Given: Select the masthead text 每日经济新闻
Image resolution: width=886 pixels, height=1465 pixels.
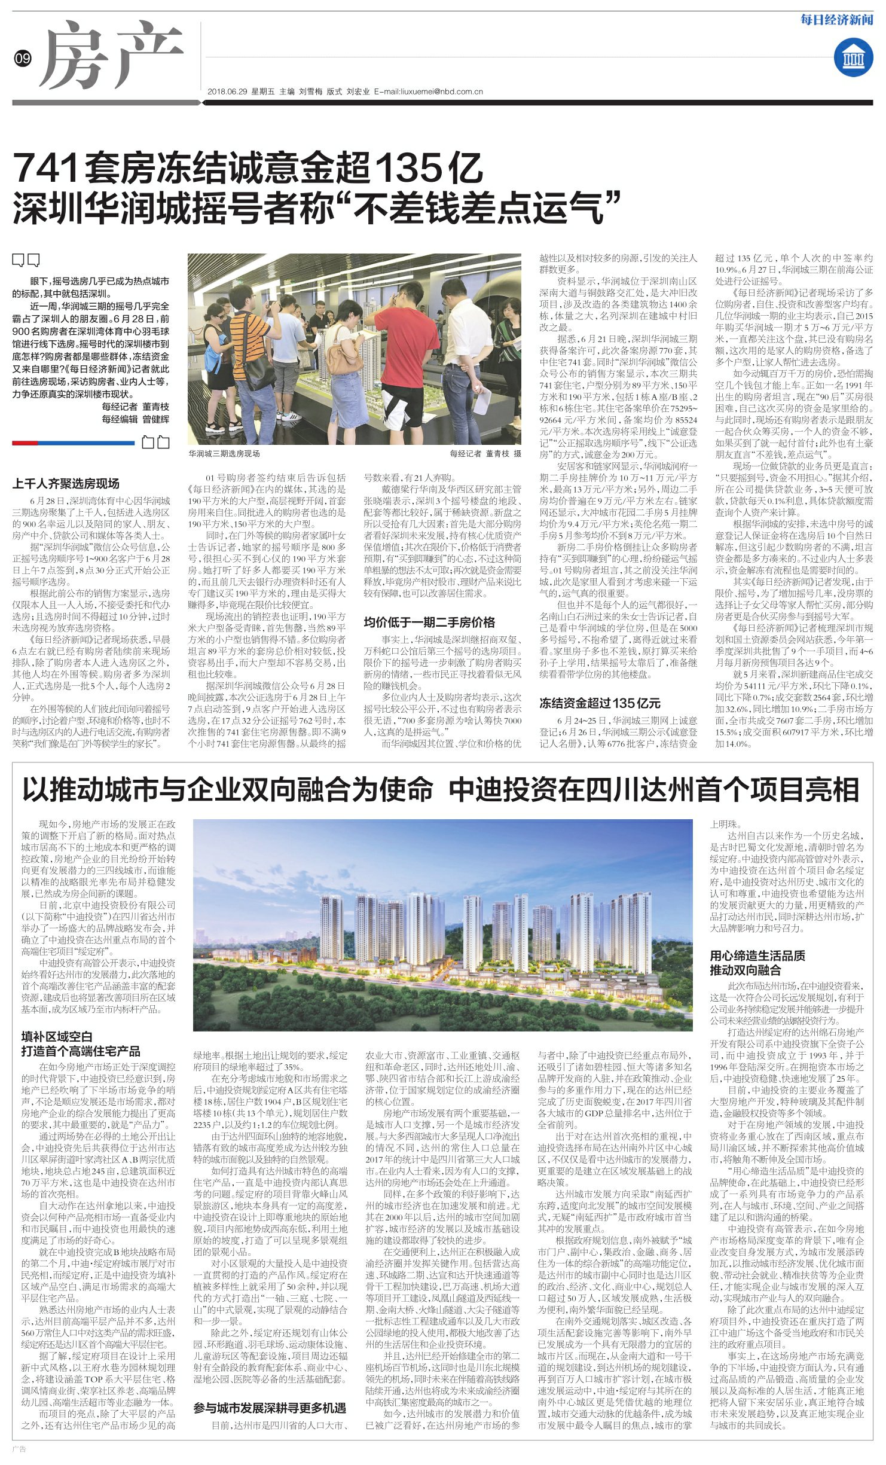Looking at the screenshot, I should [x=837, y=20].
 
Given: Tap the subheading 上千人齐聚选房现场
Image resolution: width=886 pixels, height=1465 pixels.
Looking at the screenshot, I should [x=66, y=483].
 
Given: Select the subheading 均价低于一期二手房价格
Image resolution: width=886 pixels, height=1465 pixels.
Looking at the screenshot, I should [x=429, y=622].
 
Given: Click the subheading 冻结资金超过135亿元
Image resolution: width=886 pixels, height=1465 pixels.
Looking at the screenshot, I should [x=599, y=703].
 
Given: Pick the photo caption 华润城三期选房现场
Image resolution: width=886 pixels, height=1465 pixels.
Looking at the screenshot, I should [x=224, y=453].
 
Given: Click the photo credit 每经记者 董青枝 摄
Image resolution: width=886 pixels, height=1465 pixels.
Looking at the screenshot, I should [x=485, y=453].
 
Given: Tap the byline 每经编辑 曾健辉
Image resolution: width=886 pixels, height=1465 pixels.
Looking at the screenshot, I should [x=135, y=419].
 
